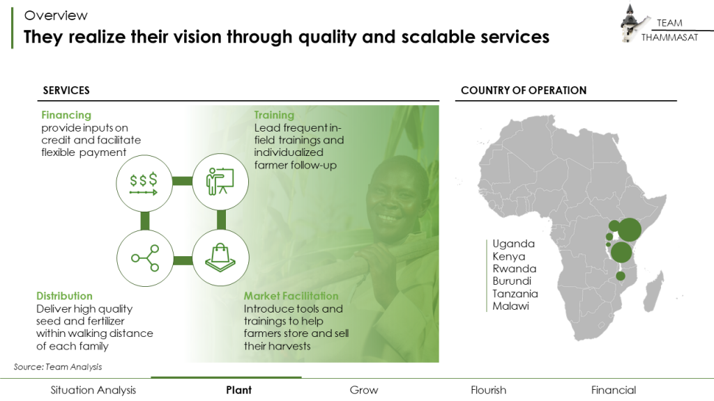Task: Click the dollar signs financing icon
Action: coord(144,182)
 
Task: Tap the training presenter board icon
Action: coord(221,182)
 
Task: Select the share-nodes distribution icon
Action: coord(144,259)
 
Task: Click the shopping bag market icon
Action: coord(221,259)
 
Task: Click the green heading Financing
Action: coord(66,115)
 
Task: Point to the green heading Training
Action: coord(274,115)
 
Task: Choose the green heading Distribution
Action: coord(64,296)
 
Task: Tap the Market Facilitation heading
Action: coord(291,296)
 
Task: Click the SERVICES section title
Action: coord(66,91)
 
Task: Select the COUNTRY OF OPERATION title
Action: coord(524,91)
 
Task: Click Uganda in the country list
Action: coord(514,244)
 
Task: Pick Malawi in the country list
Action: coord(510,306)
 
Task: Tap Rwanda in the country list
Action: coord(515,269)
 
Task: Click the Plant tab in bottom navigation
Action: coord(239,390)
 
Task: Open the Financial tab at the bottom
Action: coord(614,390)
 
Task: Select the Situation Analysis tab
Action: coord(93,390)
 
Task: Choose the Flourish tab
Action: coord(488,390)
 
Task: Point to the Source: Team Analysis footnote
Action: coord(58,366)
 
